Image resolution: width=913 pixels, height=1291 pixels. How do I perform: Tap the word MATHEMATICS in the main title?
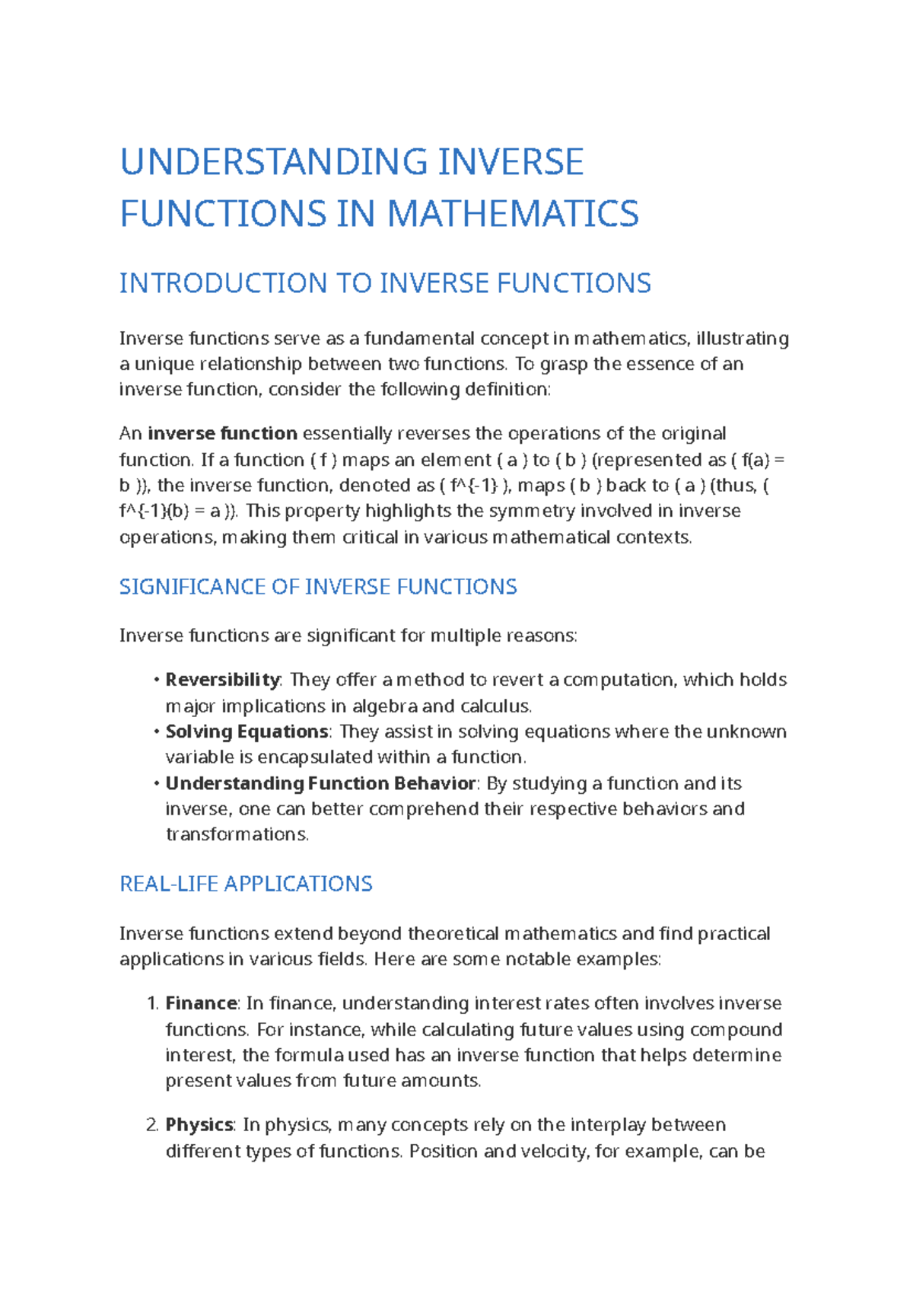514,214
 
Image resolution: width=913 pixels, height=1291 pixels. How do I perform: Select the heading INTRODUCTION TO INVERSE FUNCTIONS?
385,283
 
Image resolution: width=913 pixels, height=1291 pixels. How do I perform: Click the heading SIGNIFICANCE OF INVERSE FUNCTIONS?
318,587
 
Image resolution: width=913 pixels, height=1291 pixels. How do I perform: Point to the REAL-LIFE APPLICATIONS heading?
246,884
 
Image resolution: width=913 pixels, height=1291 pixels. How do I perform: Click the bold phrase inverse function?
222,434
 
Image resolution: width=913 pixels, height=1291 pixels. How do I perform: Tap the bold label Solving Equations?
247,732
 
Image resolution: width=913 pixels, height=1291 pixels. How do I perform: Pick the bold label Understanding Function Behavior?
320,783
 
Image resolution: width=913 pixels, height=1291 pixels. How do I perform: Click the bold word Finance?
202,1003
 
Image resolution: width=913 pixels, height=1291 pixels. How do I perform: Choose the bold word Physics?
199,1125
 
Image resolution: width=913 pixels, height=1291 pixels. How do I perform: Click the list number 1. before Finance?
151,1003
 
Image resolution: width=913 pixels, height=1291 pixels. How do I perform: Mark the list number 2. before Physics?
151,1125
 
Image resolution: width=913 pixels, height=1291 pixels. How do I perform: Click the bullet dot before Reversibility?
156,680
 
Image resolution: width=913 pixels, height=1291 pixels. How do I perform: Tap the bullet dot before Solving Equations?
156,732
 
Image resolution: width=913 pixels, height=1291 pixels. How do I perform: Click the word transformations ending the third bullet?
237,835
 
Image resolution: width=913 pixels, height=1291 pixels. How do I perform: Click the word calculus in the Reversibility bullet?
495,706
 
